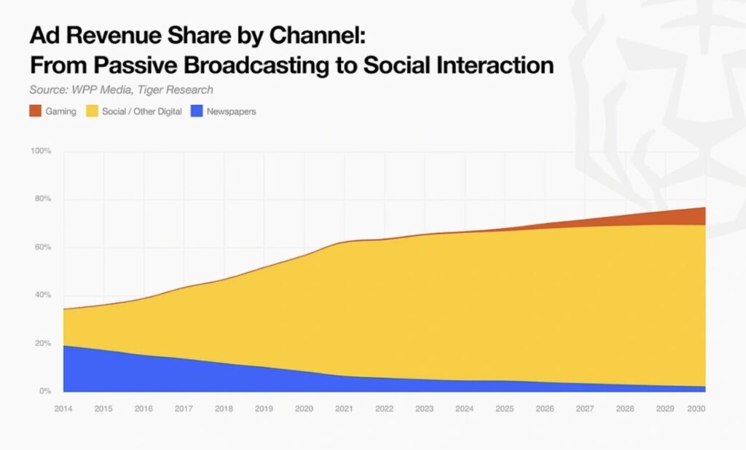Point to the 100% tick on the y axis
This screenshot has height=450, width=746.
coord(41,151)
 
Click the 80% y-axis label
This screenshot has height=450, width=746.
coord(42,199)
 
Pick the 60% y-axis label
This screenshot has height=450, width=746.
coord(42,247)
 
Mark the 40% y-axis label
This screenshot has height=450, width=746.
coord(42,295)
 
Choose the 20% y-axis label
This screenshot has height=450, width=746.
coord(42,343)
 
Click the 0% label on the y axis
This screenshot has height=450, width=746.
coord(44,391)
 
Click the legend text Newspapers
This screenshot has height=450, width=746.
coord(231,111)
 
